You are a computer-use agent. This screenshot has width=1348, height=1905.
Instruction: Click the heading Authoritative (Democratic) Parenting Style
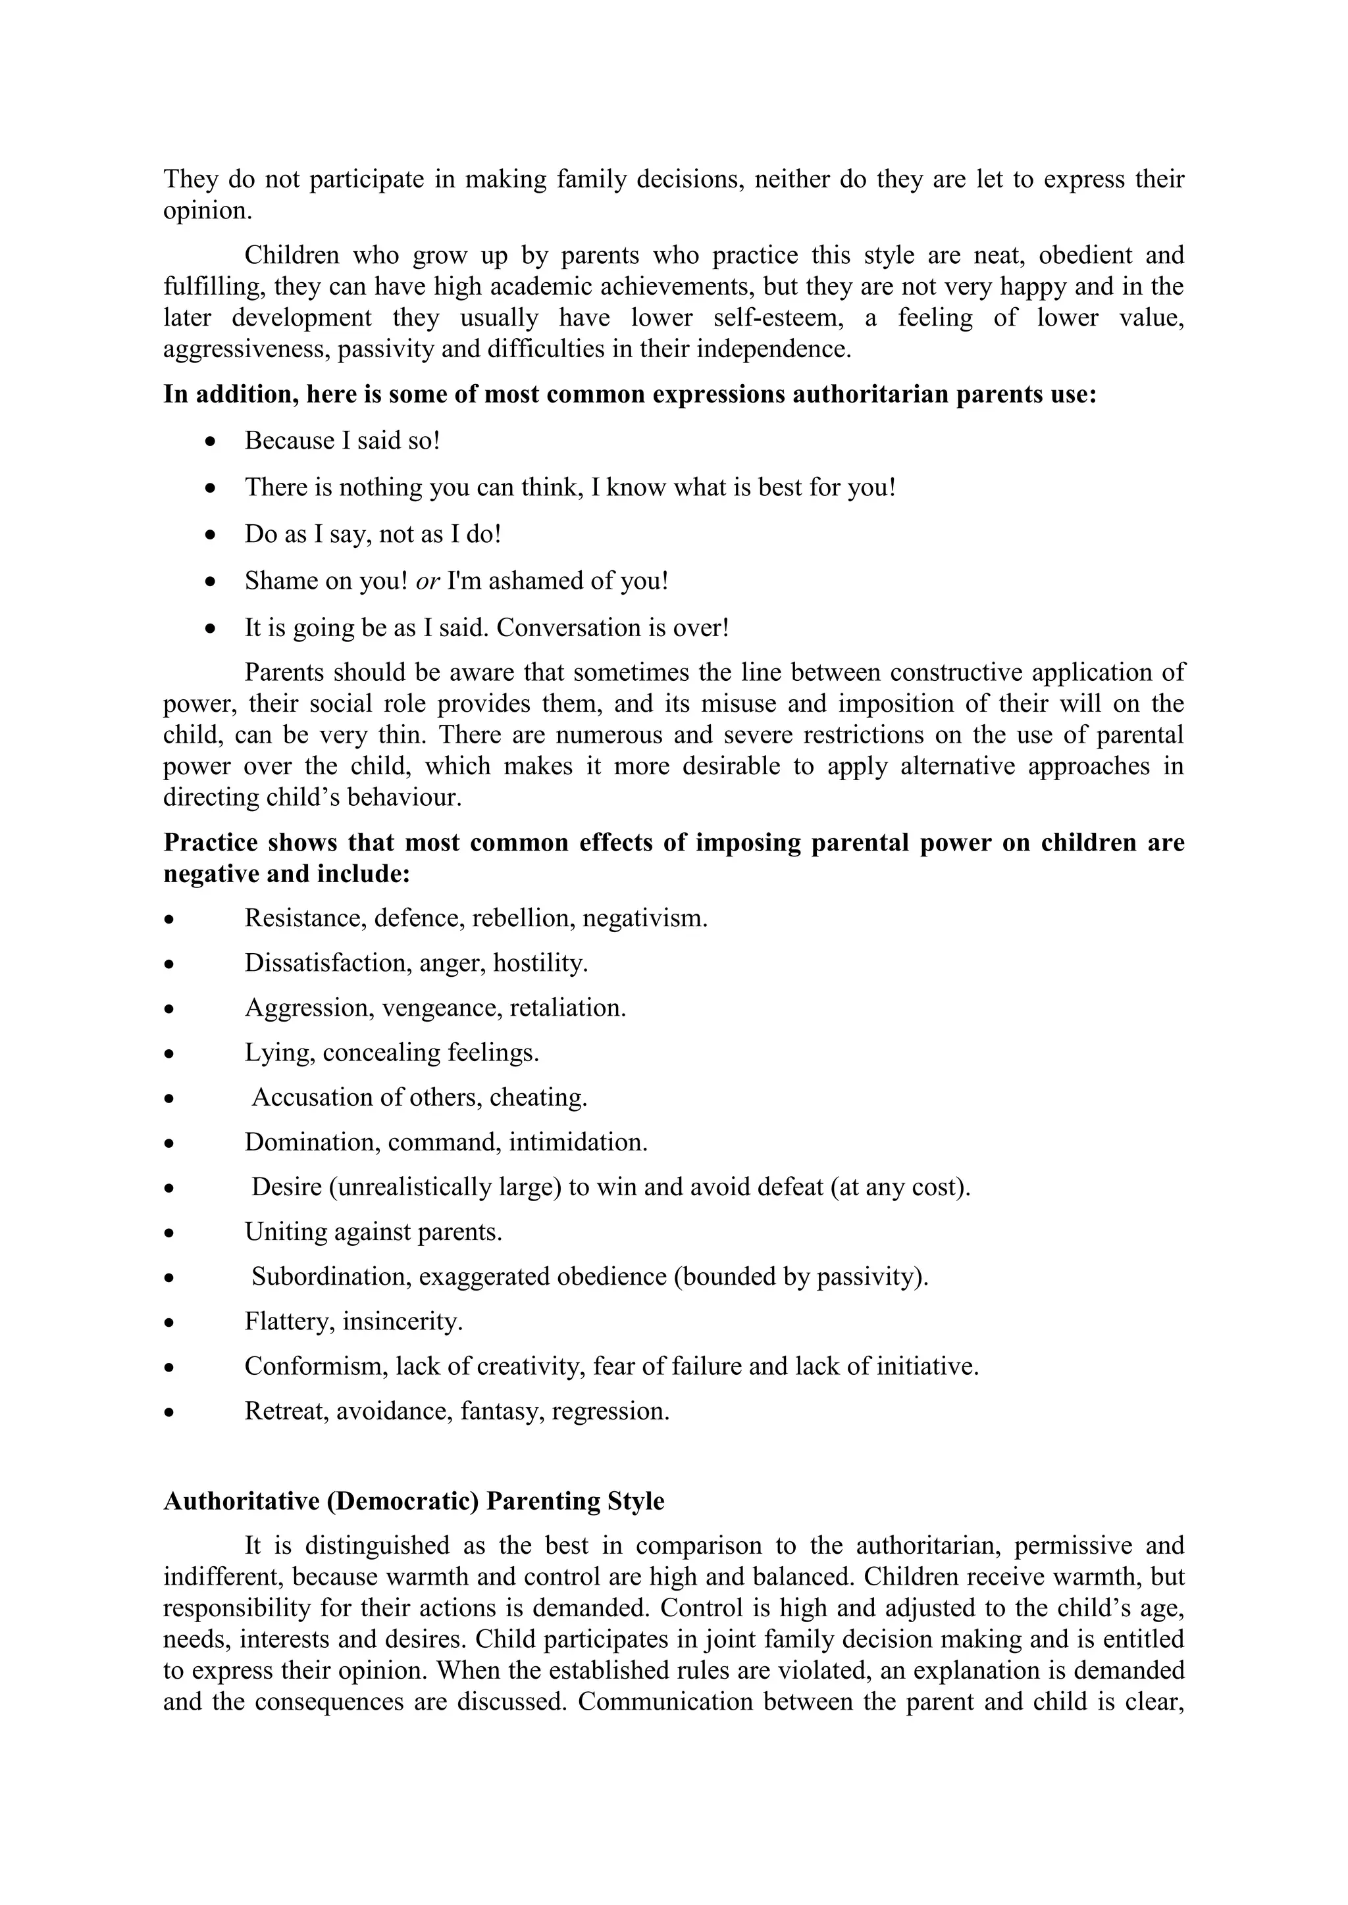point(413,1501)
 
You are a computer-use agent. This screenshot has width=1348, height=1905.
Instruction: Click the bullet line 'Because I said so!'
point(342,441)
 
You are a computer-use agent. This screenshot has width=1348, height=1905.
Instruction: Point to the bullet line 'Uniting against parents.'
point(373,1231)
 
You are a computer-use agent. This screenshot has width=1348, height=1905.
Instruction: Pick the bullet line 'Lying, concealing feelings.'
point(391,1052)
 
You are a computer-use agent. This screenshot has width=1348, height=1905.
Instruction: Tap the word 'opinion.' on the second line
point(207,210)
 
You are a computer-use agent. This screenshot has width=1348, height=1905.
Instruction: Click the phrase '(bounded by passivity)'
point(800,1276)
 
